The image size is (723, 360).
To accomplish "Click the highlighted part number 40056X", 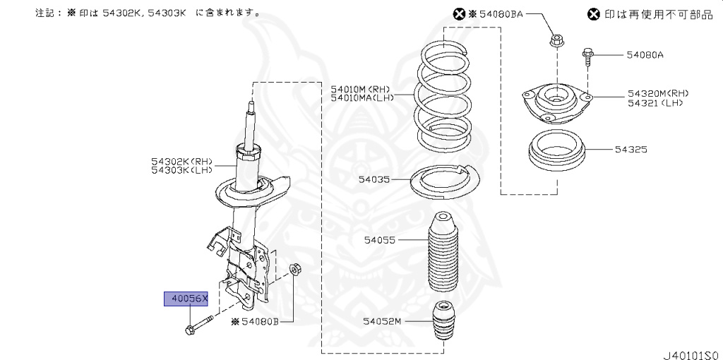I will [x=186, y=299].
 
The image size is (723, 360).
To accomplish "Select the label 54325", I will [x=631, y=150].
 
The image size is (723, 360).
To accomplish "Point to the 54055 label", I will [x=380, y=240].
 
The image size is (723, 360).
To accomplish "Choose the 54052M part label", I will [x=382, y=322].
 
